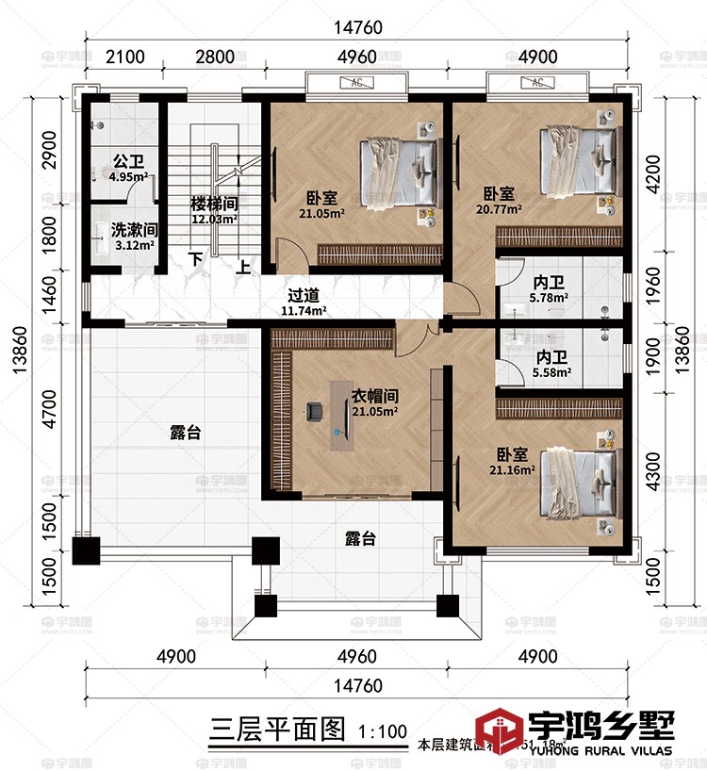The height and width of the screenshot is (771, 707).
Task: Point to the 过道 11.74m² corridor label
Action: pyautogui.click(x=305, y=302)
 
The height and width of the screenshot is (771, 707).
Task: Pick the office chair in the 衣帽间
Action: pyautogui.click(x=315, y=411)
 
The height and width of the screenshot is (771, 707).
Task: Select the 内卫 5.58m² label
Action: pyautogui.click(x=551, y=365)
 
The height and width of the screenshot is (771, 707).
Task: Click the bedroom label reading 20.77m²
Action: pyautogui.click(x=501, y=202)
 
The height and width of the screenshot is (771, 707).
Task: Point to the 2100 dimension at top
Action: pyautogui.click(x=124, y=57)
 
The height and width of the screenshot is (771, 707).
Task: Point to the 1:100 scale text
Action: pyautogui.click(x=383, y=730)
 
